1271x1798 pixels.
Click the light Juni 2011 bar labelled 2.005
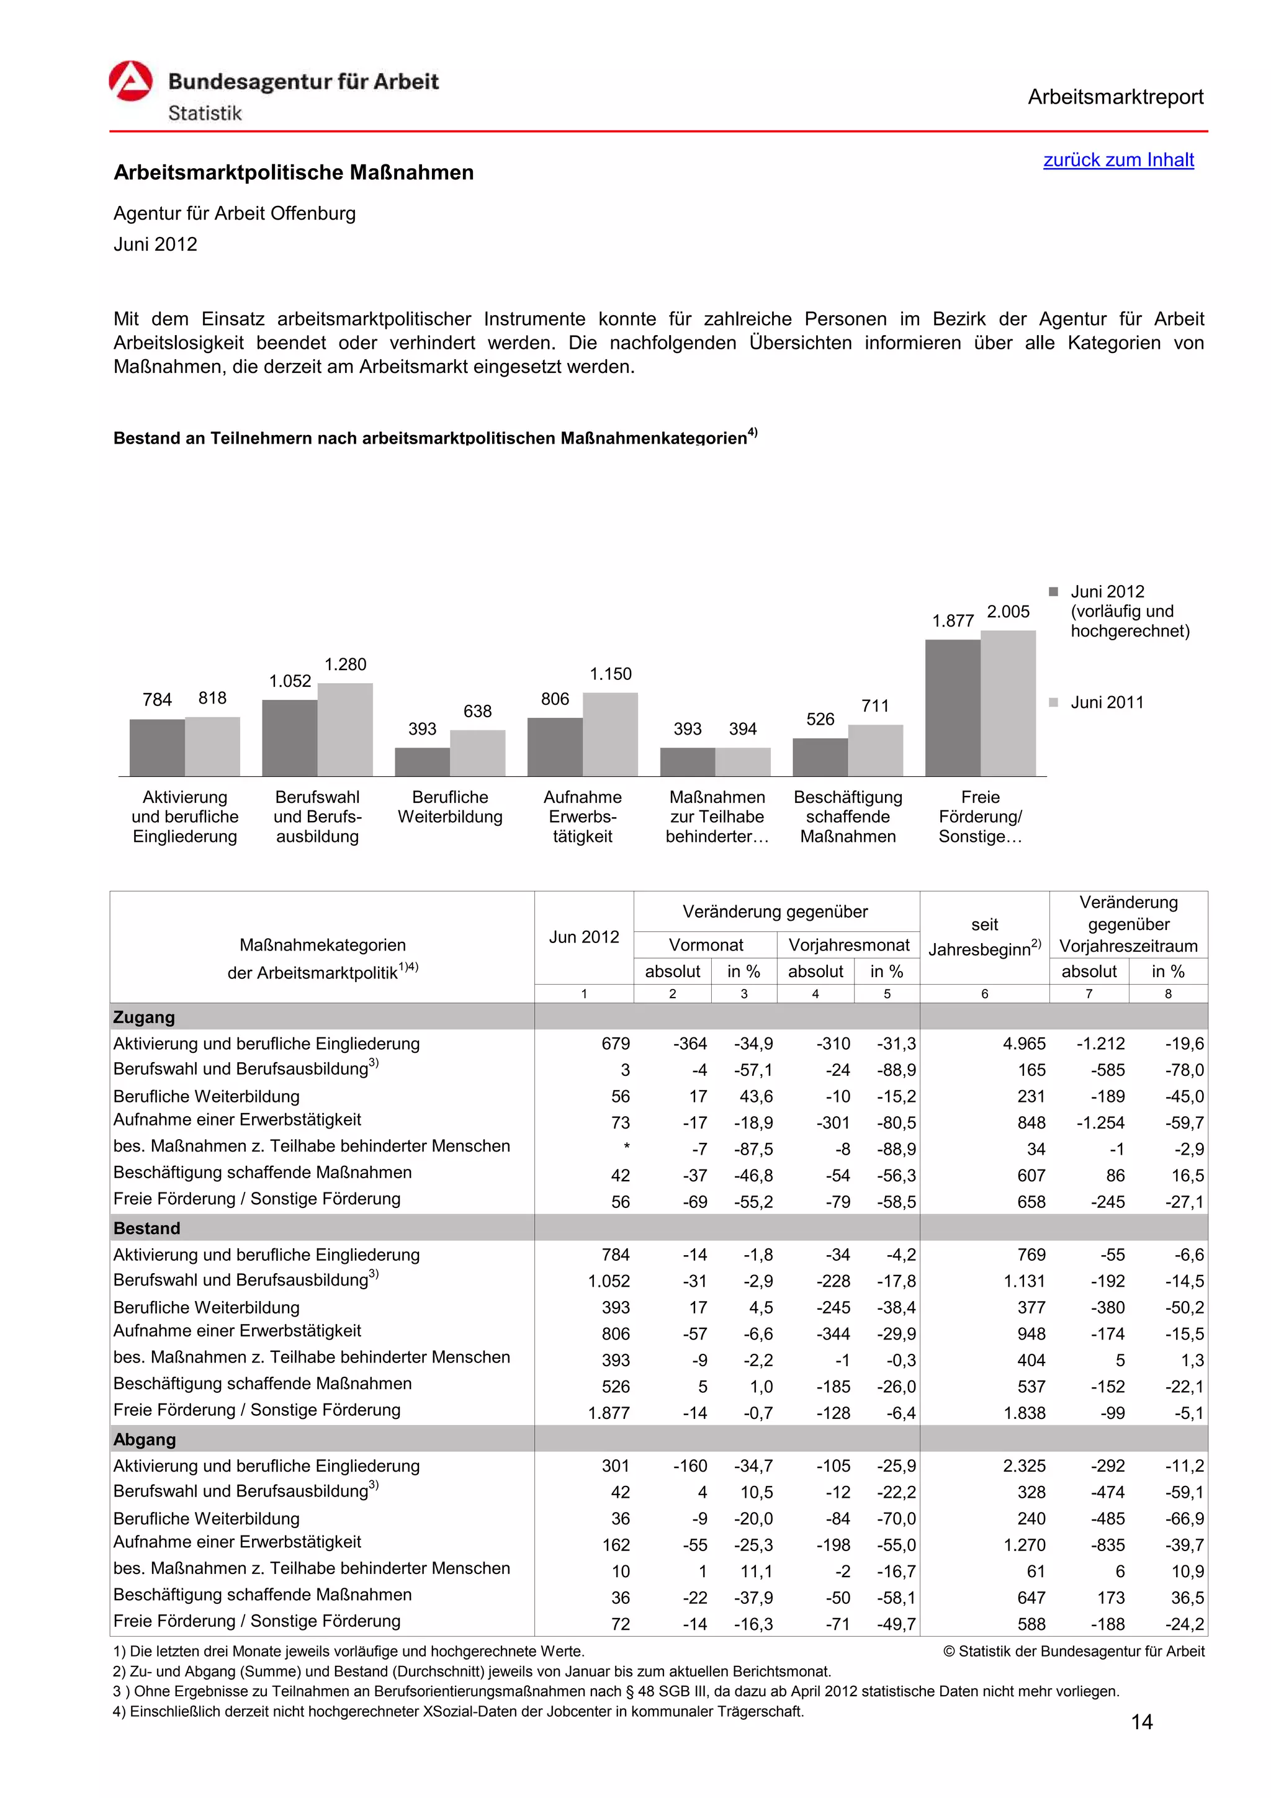coord(1008,702)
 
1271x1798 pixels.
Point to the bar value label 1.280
coord(345,664)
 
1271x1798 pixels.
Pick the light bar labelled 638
coord(478,753)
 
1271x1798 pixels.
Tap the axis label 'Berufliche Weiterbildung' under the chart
coord(451,807)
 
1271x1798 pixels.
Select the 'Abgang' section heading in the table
coord(144,1439)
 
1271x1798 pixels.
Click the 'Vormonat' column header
coord(706,944)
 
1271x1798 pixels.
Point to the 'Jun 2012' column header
coord(583,937)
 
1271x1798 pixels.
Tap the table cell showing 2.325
coord(1023,1465)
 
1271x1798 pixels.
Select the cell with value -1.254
coord(1100,1122)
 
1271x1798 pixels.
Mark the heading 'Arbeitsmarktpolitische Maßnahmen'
coord(294,172)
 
